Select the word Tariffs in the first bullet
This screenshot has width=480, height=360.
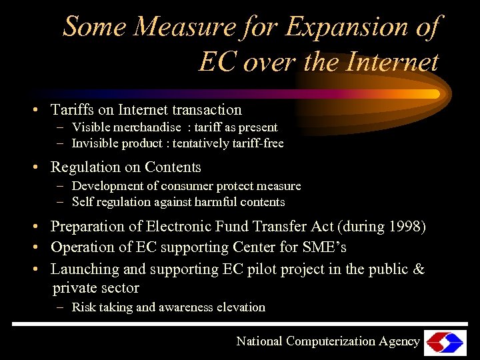(x=73, y=109)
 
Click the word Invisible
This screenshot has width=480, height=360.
(x=96, y=143)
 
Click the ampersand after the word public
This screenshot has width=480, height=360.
(x=419, y=269)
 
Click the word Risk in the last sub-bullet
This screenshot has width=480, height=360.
(x=84, y=307)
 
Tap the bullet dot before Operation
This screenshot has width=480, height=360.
(x=41, y=248)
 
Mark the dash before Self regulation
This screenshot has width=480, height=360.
(x=60, y=201)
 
